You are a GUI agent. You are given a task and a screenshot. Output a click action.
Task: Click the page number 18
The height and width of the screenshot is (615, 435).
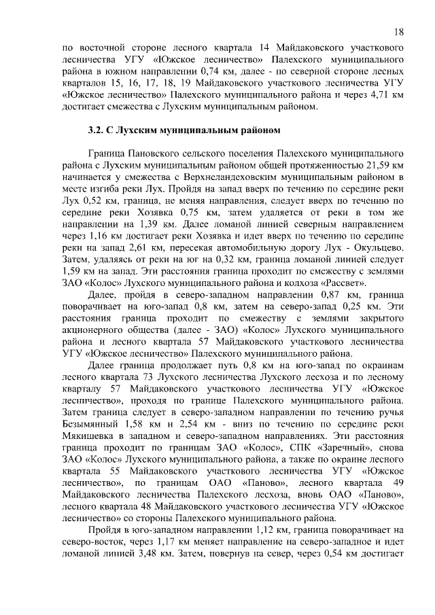[x=399, y=32]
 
